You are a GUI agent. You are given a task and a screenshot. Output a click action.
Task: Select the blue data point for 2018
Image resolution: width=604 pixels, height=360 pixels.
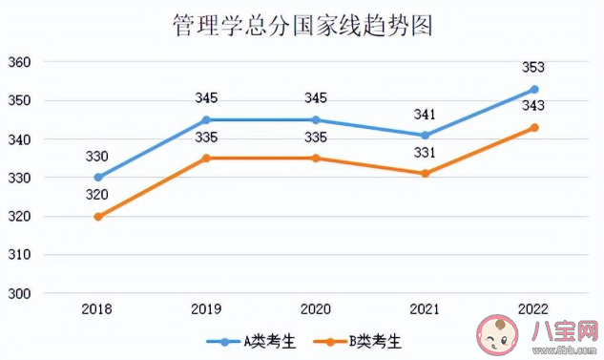point(97,177)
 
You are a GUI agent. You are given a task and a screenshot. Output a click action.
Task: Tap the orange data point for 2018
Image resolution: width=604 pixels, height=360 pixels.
point(97,216)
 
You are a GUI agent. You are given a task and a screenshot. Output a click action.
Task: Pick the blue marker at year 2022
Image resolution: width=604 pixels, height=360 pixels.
point(534,89)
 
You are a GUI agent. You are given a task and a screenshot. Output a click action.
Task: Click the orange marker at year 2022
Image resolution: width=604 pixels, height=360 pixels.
point(534,127)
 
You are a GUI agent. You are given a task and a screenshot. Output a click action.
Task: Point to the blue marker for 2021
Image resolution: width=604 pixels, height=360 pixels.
point(426,135)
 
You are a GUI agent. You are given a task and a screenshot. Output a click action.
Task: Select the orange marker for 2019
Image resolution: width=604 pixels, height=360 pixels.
point(207,158)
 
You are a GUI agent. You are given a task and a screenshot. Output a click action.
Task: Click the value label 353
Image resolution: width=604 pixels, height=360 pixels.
point(534,68)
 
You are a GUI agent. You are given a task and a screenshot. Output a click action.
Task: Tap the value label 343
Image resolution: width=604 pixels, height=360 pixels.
point(534,106)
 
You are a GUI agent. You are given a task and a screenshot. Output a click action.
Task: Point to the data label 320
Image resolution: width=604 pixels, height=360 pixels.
point(97,195)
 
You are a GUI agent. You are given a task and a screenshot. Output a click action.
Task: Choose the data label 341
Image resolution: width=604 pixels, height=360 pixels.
point(426,115)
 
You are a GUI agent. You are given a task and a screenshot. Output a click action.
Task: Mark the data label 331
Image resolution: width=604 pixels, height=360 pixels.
point(426,153)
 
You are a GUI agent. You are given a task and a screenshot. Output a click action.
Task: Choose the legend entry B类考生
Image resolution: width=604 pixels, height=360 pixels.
point(362,340)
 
